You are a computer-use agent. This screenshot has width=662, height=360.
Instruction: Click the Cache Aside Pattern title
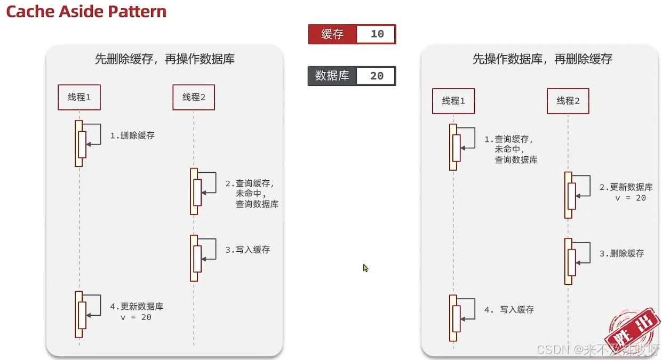86,12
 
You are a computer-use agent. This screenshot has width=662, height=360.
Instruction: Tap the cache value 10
377,34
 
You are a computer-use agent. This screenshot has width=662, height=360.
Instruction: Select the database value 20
377,76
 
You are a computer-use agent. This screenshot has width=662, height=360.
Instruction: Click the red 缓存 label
332,34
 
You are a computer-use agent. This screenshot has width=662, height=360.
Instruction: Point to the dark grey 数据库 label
332,76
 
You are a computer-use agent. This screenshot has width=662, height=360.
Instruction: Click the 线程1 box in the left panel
79,97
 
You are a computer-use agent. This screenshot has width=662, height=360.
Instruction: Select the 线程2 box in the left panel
194,97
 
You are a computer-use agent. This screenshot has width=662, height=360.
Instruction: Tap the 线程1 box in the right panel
453,101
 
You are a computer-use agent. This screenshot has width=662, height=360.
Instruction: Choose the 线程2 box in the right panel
568,101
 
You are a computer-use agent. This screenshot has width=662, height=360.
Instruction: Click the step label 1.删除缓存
132,135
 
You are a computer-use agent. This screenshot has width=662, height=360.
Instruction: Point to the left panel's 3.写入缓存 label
248,250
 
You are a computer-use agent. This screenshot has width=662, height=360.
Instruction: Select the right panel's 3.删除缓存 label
622,253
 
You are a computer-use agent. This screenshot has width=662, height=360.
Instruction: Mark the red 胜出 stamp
632,328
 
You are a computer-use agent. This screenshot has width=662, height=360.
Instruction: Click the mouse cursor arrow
366,268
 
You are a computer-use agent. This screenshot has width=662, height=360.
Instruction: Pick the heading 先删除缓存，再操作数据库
164,59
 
